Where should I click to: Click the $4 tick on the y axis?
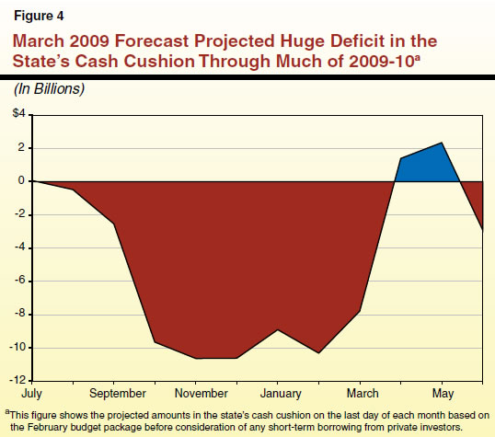tap(18, 114)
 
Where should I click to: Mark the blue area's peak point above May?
tap(443, 144)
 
